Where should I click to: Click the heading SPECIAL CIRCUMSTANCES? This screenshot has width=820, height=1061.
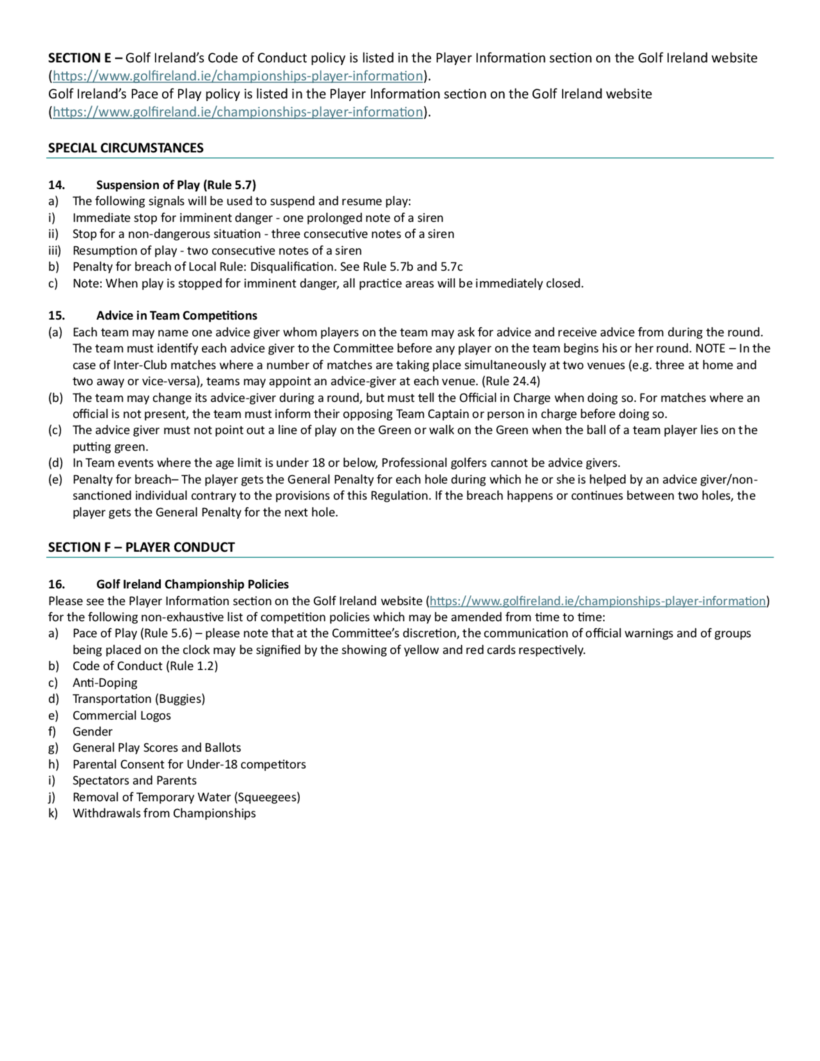click(x=125, y=148)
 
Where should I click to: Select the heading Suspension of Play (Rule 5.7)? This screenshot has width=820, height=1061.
click(x=176, y=185)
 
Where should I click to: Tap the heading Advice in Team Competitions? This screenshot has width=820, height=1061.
click(x=176, y=316)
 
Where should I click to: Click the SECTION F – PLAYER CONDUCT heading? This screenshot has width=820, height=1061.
click(x=141, y=547)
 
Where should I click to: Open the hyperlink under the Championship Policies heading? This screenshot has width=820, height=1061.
click(x=597, y=601)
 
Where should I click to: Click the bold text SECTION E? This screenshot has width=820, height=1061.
click(x=80, y=58)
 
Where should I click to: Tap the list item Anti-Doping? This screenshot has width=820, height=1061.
click(x=105, y=683)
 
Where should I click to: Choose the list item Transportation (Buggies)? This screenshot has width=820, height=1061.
click(x=139, y=699)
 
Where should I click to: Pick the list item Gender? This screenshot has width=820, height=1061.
click(x=92, y=732)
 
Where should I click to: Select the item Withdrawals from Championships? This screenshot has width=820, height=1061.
click(x=164, y=813)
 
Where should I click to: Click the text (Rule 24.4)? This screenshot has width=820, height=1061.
click(x=510, y=381)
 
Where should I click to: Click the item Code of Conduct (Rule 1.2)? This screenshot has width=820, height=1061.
click(x=145, y=666)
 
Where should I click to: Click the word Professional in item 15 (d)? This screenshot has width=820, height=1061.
click(x=412, y=462)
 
